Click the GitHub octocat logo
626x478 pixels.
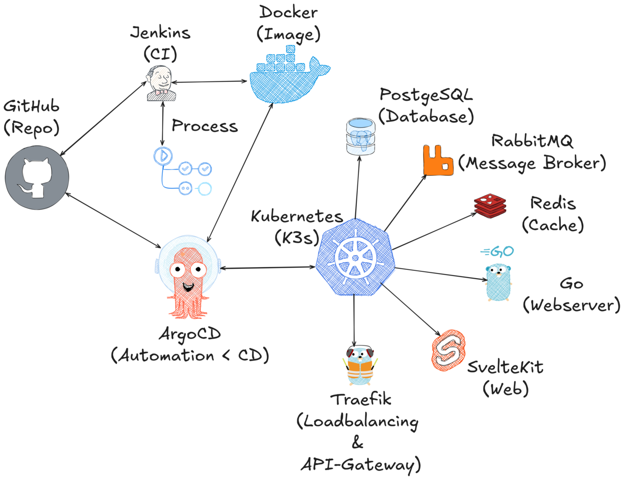pyautogui.click(x=37, y=177)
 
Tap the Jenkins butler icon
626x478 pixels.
pyautogui.click(x=161, y=82)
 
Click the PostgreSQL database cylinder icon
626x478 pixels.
pyautogui.click(x=361, y=136)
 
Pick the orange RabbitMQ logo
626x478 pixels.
pyautogui.click(x=438, y=160)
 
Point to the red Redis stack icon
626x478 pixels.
pyautogui.click(x=490, y=205)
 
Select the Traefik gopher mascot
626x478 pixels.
pyautogui.click(x=360, y=365)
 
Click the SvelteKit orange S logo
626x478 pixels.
pyautogui.click(x=448, y=348)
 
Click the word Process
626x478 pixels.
pyautogui.click(x=204, y=126)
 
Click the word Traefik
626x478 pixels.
pyautogui.click(x=360, y=401)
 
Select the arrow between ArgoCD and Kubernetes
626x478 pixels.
pyautogui.click(x=266, y=268)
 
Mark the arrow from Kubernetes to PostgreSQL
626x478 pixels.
pyautogui.click(x=357, y=188)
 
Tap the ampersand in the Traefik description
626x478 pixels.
pyautogui.click(x=357, y=445)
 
